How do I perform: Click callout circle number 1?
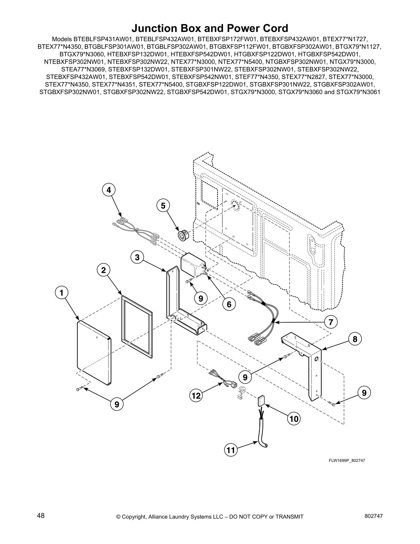click(61, 293)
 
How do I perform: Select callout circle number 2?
click(103, 270)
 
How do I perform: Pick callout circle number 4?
click(108, 190)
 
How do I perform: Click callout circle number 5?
click(163, 206)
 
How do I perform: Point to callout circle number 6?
click(229, 304)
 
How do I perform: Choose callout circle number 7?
click(331, 322)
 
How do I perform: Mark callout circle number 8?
click(355, 339)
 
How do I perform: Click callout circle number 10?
click(294, 419)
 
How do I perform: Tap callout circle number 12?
click(196, 396)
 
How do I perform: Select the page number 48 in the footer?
click(41, 516)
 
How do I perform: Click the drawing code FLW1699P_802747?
click(347, 461)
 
